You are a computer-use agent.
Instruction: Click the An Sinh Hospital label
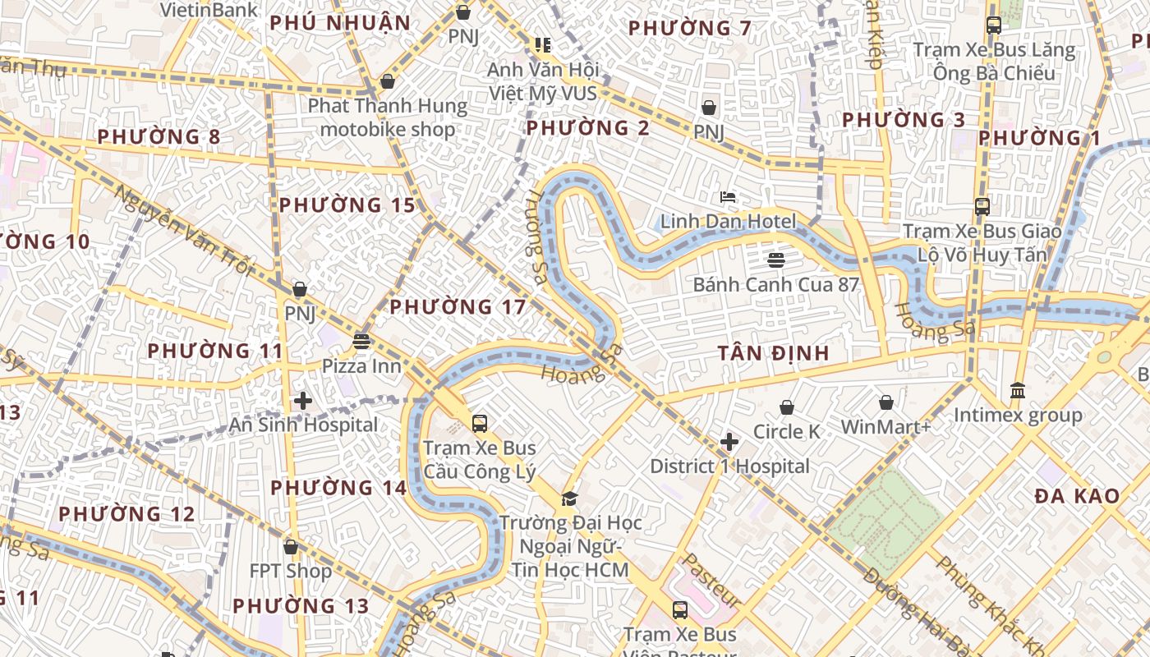303,425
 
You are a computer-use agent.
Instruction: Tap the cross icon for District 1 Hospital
729,443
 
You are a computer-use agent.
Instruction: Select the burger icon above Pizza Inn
361,341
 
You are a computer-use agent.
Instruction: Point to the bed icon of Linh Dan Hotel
728,197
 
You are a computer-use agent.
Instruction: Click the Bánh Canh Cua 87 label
776,285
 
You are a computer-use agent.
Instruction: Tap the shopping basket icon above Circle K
787,407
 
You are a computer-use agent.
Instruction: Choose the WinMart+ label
885,427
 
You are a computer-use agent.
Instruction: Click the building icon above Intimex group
1018,391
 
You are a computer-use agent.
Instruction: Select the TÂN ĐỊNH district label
773,353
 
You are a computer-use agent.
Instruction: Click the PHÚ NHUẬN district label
340,23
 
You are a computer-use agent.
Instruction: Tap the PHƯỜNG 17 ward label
458,307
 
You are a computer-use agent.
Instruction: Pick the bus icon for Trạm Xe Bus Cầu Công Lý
480,424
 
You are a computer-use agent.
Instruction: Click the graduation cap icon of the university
569,498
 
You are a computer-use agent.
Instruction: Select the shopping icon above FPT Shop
291,547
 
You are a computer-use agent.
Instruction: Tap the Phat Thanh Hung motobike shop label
387,117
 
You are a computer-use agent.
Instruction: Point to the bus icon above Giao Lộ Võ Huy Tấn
982,207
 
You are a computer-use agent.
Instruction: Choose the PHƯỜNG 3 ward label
904,120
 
